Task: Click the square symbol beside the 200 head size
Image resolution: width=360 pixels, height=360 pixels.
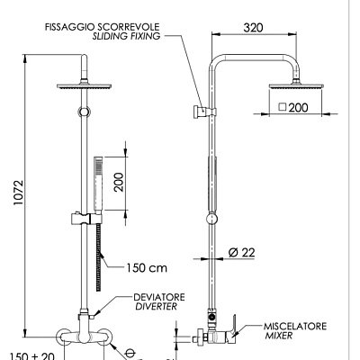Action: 283,107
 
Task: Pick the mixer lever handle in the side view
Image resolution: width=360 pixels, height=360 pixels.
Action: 230,322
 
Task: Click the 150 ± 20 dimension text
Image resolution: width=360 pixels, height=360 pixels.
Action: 31,355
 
